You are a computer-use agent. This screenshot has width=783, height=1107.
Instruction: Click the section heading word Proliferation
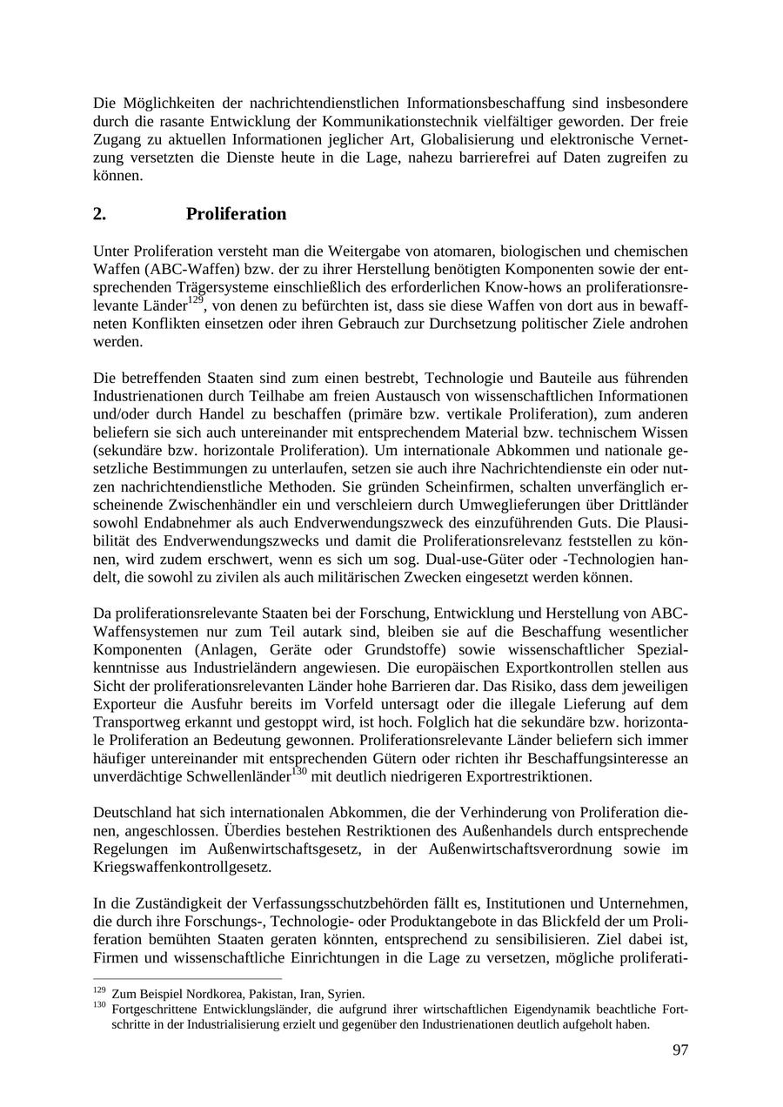[236, 214]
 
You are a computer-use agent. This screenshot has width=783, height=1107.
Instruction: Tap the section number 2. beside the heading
[99, 214]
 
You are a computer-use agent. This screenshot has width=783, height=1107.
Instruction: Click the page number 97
[679, 1050]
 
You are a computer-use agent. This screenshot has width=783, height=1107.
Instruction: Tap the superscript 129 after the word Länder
[196, 299]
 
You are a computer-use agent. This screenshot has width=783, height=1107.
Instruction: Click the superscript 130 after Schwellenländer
[298, 771]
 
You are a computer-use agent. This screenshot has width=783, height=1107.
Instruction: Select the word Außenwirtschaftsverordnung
[529, 849]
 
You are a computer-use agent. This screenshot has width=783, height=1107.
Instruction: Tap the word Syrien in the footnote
[346, 994]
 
